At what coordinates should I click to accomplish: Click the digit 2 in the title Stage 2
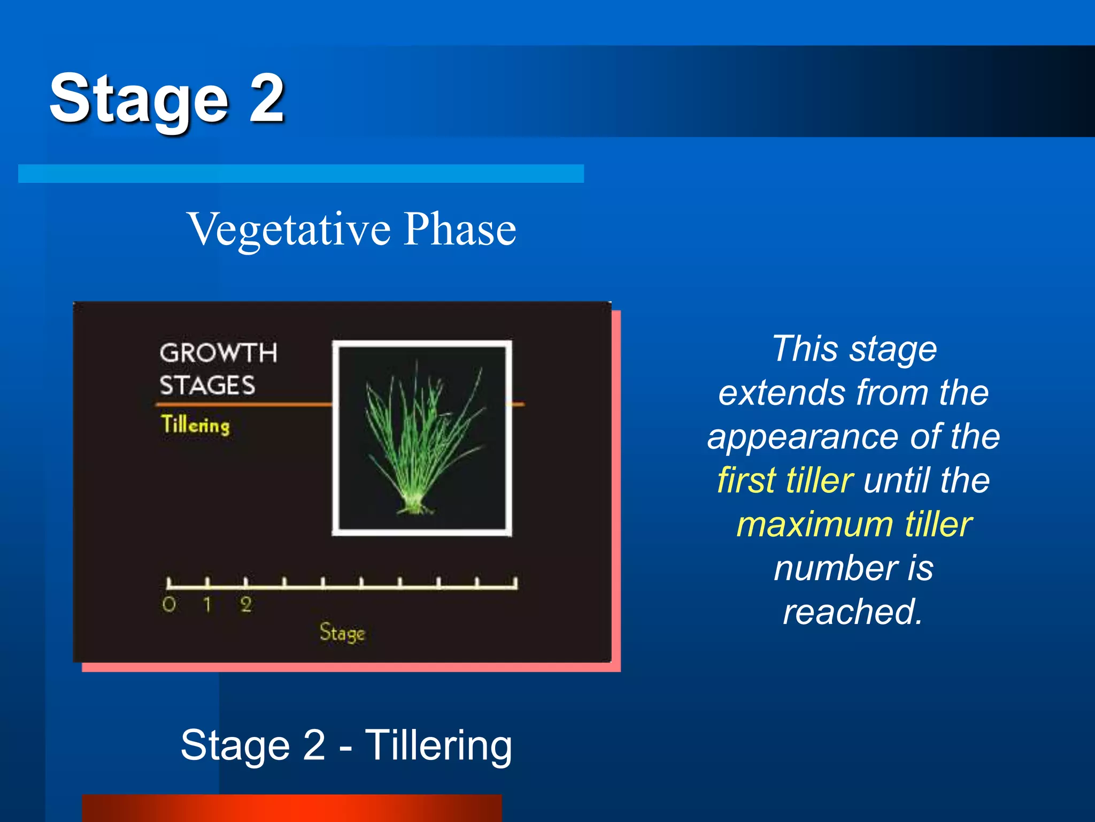point(266,98)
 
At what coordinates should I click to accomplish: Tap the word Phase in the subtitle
point(460,229)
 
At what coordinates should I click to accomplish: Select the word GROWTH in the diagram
point(218,353)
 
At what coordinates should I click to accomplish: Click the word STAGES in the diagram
point(207,385)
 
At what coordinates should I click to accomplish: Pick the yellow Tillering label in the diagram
point(196,425)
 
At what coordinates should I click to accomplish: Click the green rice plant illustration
point(422,439)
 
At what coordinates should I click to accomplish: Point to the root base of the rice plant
point(415,505)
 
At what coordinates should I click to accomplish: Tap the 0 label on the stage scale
point(169,605)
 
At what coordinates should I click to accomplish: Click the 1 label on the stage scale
point(207,605)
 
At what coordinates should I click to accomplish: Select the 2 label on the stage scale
point(246,605)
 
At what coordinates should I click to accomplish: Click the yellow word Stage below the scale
point(342,633)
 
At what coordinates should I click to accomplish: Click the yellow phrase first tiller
point(785,481)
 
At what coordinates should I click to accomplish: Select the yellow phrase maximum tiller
point(854,524)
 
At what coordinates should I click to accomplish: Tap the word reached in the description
point(852,612)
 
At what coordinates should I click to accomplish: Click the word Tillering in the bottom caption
point(438,745)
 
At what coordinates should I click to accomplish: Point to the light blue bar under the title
point(300,173)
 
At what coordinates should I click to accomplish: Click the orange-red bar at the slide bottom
point(292,808)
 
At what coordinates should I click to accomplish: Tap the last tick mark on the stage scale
point(515,582)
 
